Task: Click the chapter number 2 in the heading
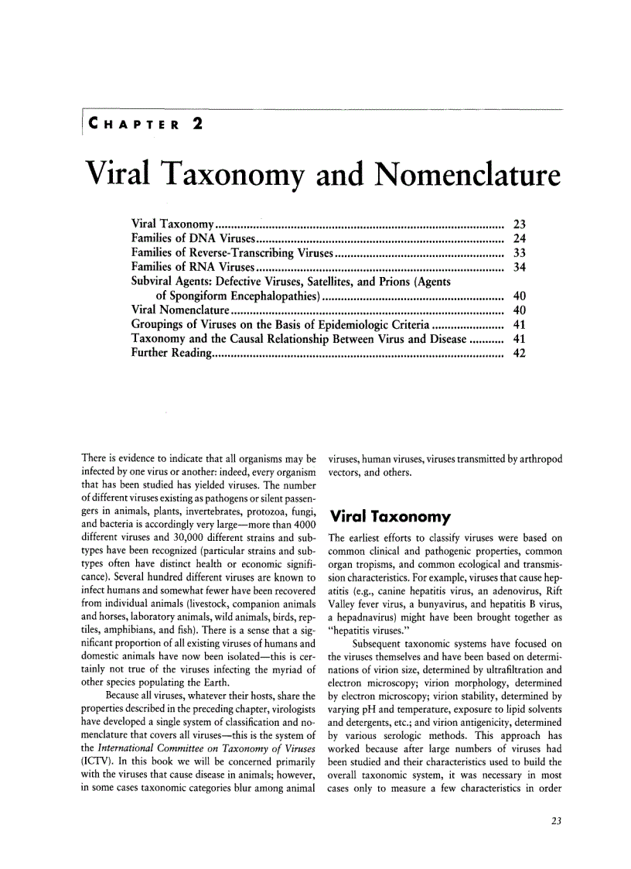pos(197,123)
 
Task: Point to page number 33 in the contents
pos(520,252)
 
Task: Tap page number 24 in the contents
pos(520,238)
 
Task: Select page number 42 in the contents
pos(520,353)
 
